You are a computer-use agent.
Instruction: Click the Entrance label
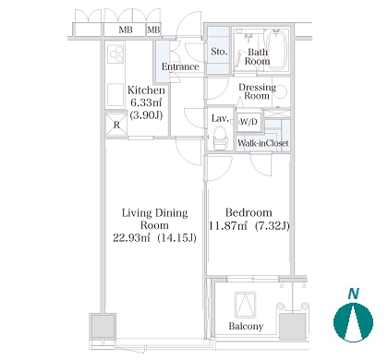click(180, 66)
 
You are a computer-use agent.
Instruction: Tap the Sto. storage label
click(219, 52)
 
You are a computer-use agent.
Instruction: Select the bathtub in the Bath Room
click(276, 49)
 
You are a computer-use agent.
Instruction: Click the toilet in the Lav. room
click(221, 138)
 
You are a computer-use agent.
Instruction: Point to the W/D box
click(249, 122)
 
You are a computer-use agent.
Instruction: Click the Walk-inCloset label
click(263, 143)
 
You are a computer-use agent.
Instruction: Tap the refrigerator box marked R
click(116, 125)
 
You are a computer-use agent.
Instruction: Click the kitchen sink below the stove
click(115, 94)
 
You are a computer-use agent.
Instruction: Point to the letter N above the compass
click(354, 294)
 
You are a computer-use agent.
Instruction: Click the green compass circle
click(353, 322)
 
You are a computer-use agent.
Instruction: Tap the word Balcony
click(246, 326)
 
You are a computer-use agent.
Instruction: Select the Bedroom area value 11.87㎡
click(228, 226)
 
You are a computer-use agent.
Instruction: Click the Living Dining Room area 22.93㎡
click(131, 237)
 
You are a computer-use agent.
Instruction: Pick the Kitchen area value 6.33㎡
click(146, 102)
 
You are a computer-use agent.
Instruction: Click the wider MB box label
click(126, 30)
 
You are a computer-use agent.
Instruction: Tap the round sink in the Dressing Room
click(280, 91)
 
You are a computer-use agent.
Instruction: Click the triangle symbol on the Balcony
click(245, 305)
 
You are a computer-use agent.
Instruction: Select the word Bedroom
click(249, 212)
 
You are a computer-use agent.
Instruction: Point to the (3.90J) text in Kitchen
click(146, 115)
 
